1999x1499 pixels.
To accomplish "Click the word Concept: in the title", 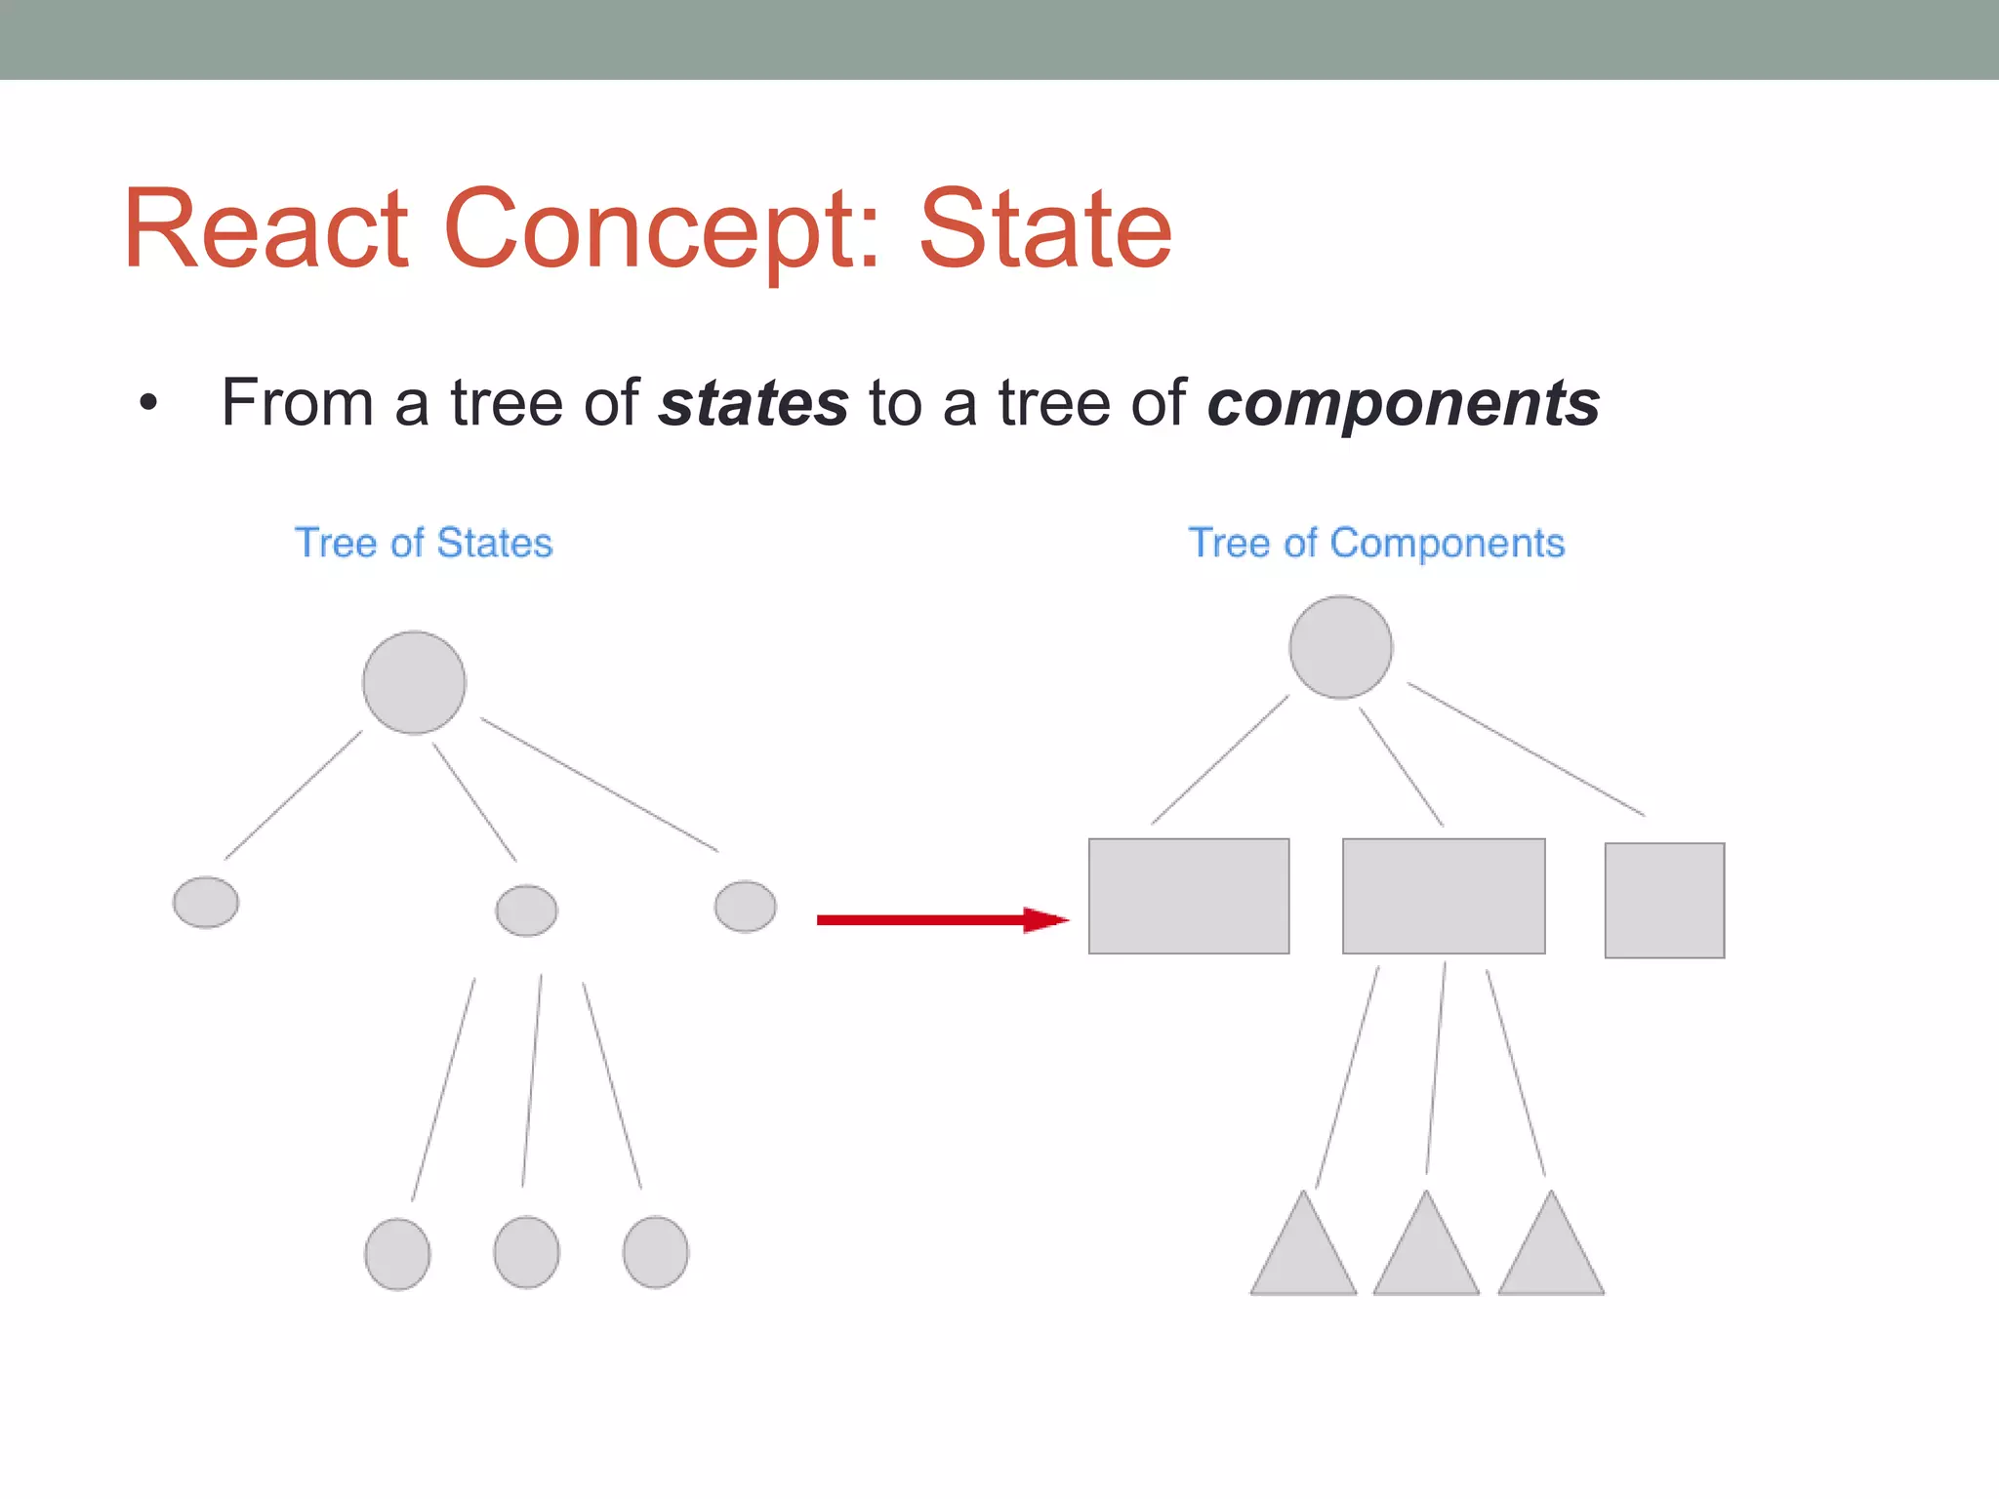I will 662,230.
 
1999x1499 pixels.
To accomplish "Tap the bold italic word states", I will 753,403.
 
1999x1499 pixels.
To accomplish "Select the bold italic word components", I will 1403,403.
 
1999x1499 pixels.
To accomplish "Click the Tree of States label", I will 424,543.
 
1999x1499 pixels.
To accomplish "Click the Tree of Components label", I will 1375,543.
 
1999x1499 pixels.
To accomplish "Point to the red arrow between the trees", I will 941,919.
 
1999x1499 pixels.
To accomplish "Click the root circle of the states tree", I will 414,682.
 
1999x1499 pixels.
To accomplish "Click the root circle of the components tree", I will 1340,647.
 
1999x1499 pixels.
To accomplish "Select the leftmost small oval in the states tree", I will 206,902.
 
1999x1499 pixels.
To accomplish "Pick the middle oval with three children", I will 526,911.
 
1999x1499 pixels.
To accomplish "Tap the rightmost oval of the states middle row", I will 745,907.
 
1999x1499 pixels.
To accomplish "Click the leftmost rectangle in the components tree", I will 1189,896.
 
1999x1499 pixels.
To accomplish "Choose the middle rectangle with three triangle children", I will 1444,896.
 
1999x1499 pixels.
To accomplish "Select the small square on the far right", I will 1664,900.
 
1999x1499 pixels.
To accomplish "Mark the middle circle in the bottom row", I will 526,1252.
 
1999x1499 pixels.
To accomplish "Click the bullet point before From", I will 147,403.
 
